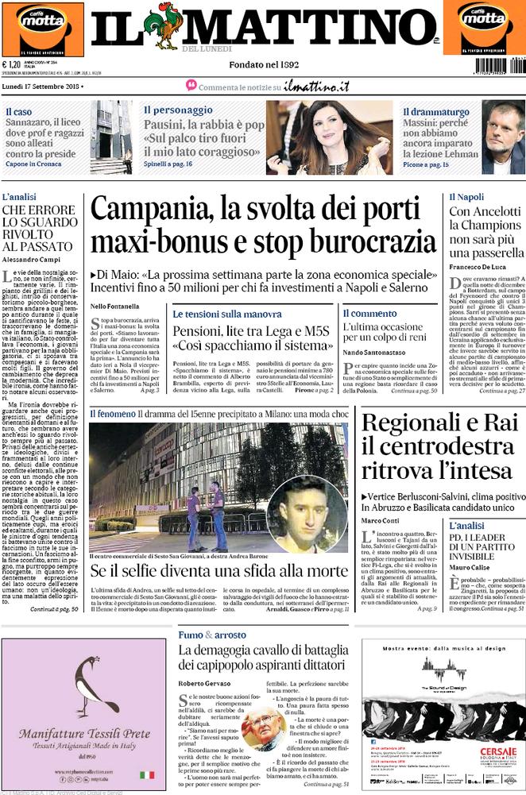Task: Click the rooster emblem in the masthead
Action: (x=168, y=28)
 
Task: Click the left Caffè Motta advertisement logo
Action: (x=42, y=29)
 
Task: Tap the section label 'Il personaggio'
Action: (x=178, y=110)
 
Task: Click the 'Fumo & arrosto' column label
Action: (x=211, y=635)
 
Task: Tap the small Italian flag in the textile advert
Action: (x=147, y=774)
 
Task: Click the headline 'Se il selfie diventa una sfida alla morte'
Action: (x=219, y=570)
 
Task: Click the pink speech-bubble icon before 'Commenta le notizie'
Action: (x=191, y=85)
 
